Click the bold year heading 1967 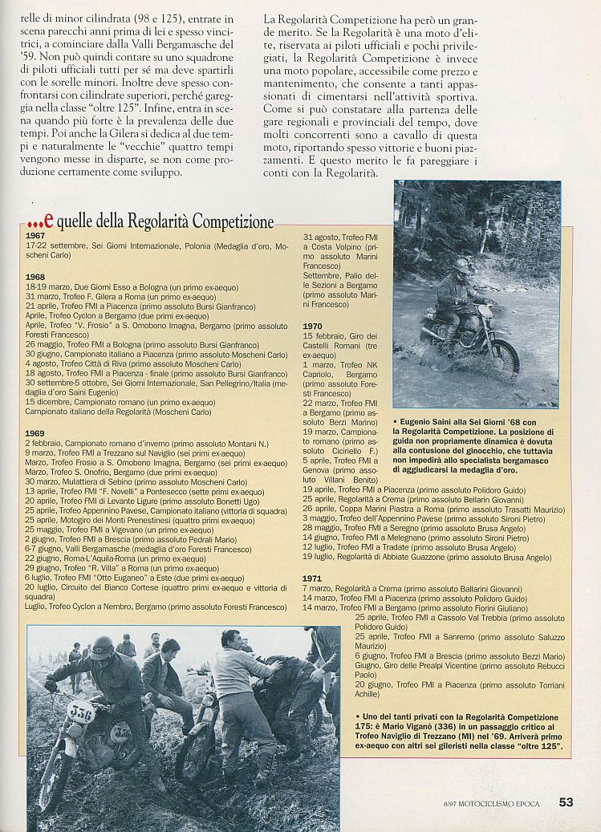tap(35, 236)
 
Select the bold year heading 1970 tap(312, 327)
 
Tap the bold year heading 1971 tap(312, 578)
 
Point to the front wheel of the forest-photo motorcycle tap(505, 357)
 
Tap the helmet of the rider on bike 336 tap(102, 647)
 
